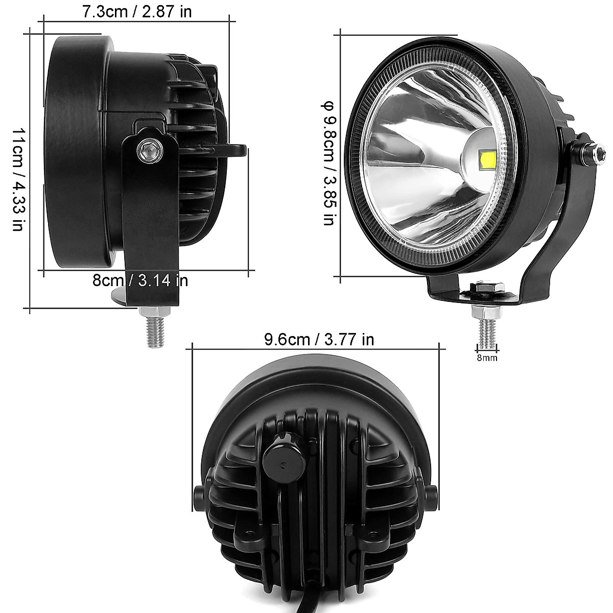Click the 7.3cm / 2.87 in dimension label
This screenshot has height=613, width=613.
(137, 11)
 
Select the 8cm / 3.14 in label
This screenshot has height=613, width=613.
(140, 280)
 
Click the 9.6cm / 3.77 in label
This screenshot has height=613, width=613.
(319, 339)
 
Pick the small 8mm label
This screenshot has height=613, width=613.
(487, 358)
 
